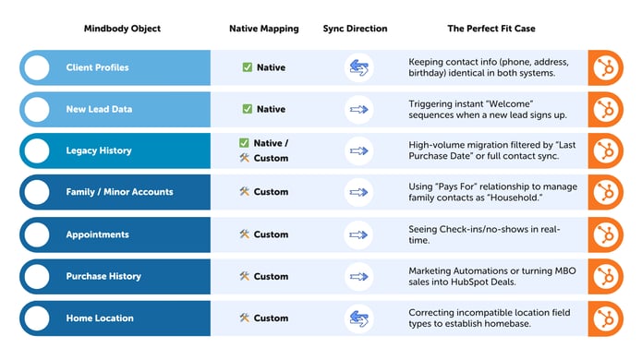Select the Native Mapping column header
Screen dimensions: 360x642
tap(263, 29)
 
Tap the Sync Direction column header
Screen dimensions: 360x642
tap(355, 29)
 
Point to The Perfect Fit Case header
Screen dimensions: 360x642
tap(491, 29)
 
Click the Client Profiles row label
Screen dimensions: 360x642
tap(97, 67)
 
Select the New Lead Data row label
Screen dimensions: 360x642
tap(99, 109)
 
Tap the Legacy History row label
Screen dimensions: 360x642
tap(99, 150)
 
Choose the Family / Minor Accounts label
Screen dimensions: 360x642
tap(119, 192)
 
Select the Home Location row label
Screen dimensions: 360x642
tap(100, 318)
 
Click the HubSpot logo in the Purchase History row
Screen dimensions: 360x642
tap(606, 276)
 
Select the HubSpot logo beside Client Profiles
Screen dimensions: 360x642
tap(606, 67)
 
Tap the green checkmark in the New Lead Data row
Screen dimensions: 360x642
tap(247, 109)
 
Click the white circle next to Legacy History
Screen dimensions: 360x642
tap(38, 150)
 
